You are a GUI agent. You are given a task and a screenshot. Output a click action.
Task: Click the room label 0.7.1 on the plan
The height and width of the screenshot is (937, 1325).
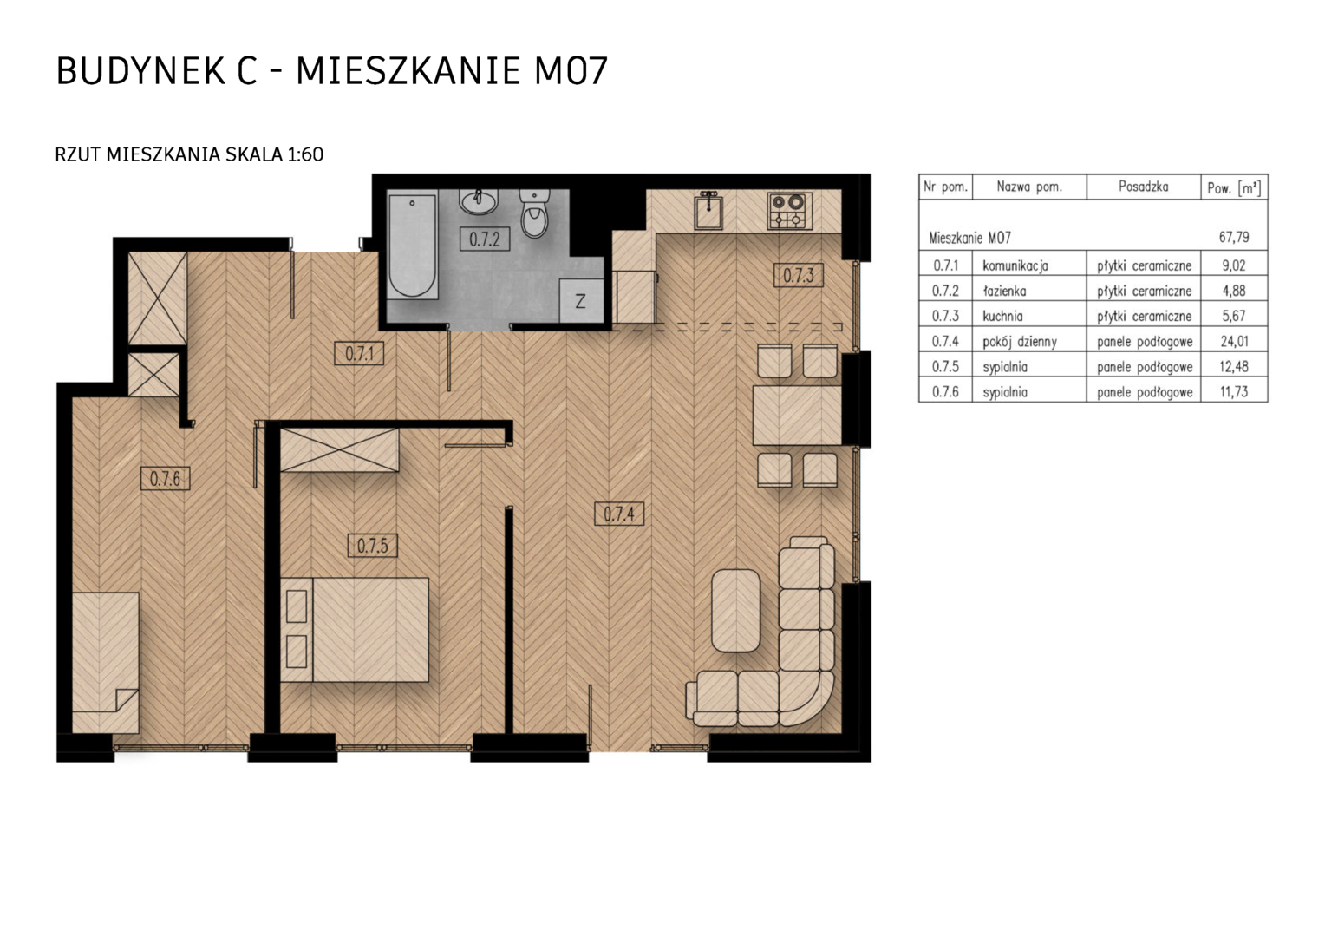tap(359, 353)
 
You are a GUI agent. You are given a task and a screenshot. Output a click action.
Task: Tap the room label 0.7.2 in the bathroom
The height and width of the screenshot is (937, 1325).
tap(485, 239)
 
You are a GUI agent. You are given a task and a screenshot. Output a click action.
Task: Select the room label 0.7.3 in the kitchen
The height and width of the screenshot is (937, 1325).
tap(798, 275)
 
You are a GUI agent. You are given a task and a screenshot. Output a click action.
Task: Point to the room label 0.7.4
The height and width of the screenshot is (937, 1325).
tap(619, 514)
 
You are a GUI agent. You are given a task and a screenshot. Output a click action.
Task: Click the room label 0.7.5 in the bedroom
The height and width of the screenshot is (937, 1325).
tap(373, 545)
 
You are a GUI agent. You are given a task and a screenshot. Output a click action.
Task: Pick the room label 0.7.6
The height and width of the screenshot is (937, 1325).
tap(165, 478)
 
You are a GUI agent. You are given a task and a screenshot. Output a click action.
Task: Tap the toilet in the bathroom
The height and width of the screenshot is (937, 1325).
tap(534, 213)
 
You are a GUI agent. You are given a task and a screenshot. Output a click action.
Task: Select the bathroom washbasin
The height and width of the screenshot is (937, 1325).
tap(478, 202)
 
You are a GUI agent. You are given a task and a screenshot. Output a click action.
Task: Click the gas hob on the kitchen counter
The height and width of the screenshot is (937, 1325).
tap(790, 211)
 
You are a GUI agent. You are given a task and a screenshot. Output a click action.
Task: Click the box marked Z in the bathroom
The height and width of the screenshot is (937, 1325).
tap(581, 301)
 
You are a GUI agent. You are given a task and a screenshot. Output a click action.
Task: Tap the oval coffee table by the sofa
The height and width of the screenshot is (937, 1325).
tap(736, 610)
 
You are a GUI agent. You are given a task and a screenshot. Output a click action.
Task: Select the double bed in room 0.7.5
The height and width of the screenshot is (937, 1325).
tap(355, 630)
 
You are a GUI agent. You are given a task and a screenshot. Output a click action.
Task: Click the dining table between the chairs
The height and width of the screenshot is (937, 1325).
tap(797, 416)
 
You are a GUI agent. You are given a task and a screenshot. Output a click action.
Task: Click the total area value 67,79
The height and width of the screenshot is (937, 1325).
tap(1234, 238)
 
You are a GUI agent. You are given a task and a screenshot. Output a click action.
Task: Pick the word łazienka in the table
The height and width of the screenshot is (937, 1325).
tap(1004, 291)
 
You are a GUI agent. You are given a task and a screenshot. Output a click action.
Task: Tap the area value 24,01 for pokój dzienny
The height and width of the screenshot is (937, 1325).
tap(1234, 341)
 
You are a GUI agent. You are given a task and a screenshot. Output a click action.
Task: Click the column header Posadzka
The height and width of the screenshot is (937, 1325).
tap(1144, 187)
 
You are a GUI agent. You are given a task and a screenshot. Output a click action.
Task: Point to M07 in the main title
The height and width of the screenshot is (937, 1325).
tap(571, 71)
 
